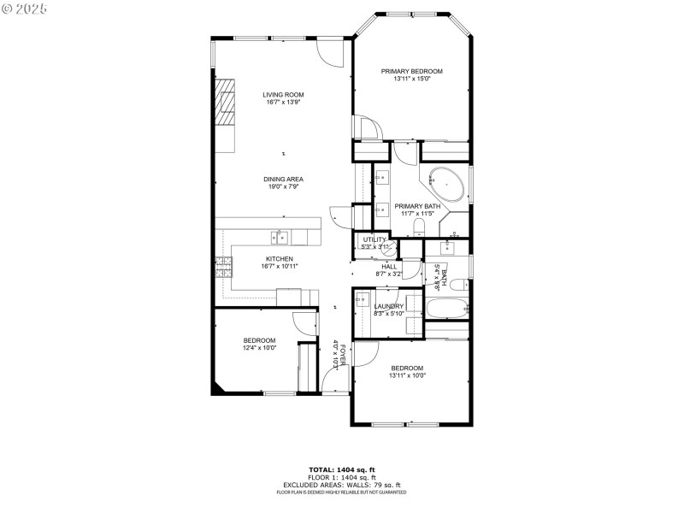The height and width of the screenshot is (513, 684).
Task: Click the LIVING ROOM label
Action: (x=283, y=94)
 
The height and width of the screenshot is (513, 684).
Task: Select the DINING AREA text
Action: (x=283, y=179)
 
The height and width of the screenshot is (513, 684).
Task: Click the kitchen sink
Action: (x=280, y=237)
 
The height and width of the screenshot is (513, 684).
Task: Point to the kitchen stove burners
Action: (x=224, y=267)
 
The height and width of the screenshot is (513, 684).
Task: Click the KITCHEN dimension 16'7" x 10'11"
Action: (x=279, y=266)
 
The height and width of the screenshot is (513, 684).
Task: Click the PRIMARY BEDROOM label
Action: (x=411, y=72)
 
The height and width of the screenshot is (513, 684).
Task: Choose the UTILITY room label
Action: (x=375, y=239)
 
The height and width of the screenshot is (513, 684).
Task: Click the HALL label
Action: (x=389, y=266)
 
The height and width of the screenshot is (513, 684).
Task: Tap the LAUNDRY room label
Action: (x=388, y=306)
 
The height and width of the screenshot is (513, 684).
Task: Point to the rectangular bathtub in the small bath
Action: (x=446, y=309)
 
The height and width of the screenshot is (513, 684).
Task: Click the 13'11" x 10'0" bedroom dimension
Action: (x=407, y=374)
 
